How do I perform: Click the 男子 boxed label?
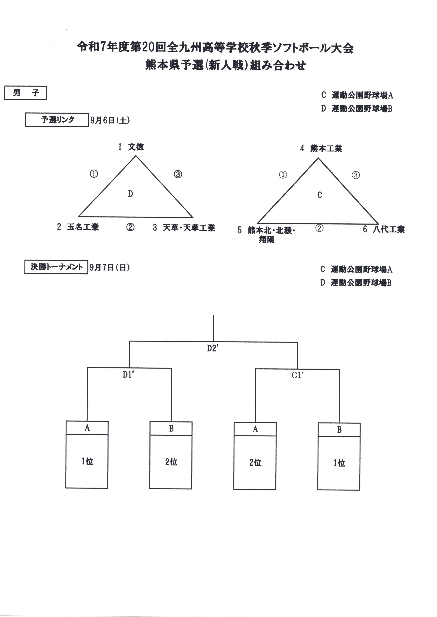coord(26,93)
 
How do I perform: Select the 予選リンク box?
coord(57,120)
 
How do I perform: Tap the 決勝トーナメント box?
coord(56,267)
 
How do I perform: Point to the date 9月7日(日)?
coord(110,267)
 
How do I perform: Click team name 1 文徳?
coord(131,147)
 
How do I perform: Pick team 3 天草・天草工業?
coord(184,228)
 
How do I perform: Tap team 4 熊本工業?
coord(321,148)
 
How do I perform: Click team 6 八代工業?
coord(384,229)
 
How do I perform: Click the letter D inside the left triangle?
coord(131,194)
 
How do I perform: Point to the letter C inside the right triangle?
coord(319,195)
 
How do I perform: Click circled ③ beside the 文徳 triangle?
coord(178,174)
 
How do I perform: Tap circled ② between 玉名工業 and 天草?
coord(130,227)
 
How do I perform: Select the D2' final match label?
coord(213,348)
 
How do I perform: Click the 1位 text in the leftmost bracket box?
coord(87,461)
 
